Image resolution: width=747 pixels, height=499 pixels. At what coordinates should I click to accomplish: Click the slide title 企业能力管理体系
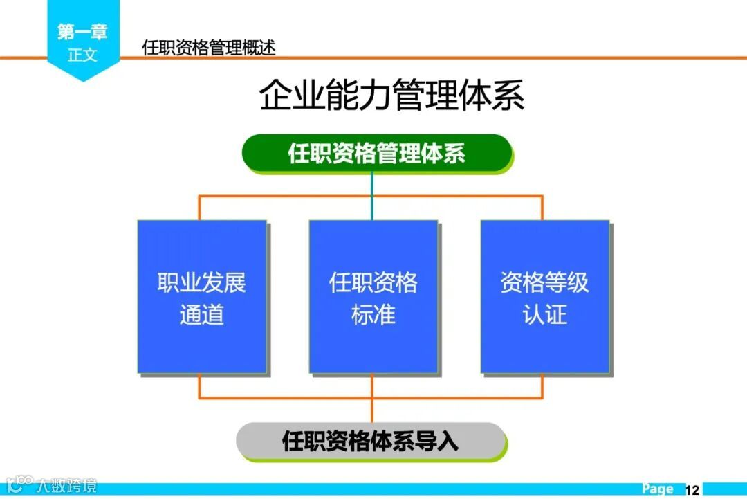click(x=391, y=96)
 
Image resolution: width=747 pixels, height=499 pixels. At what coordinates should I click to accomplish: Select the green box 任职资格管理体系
click(x=376, y=153)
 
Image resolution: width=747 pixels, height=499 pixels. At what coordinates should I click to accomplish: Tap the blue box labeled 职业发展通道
click(x=202, y=297)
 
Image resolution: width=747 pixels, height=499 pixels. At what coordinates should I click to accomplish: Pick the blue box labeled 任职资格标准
click(x=373, y=297)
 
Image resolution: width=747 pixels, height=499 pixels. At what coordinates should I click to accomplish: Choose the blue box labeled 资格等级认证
click(x=545, y=297)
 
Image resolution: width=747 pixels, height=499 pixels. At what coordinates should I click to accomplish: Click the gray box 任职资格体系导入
click(x=371, y=441)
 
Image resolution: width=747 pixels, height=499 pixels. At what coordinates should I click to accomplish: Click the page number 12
click(x=692, y=490)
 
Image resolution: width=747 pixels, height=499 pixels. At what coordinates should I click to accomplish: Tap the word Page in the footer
click(x=657, y=489)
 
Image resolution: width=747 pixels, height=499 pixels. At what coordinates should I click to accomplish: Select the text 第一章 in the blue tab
click(x=82, y=32)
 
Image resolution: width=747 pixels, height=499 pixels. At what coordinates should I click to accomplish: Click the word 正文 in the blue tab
click(x=82, y=55)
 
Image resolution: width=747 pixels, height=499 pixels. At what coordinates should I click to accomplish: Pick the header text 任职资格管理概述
click(x=209, y=48)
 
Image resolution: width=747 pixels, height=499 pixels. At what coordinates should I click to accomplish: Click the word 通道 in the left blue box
click(x=202, y=315)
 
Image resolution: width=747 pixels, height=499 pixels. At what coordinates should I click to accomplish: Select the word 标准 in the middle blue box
click(x=373, y=315)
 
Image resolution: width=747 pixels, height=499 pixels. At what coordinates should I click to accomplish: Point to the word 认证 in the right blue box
click(x=545, y=315)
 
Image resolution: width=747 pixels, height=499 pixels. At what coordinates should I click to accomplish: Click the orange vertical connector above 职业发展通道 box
click(x=200, y=208)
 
